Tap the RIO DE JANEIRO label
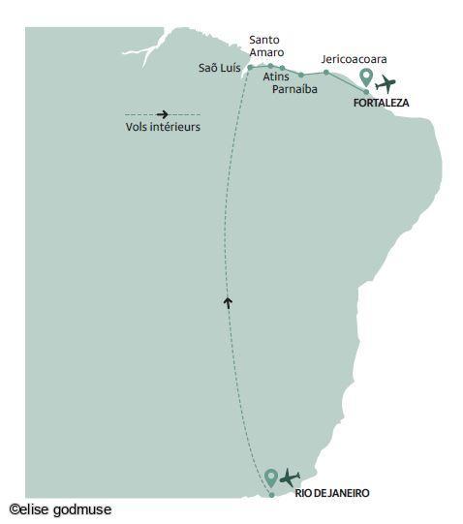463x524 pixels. point(332,493)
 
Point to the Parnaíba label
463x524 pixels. point(297,89)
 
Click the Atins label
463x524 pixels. point(276,76)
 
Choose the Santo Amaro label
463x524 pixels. point(265,46)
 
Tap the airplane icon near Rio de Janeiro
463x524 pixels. point(290,477)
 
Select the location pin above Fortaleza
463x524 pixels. point(366,77)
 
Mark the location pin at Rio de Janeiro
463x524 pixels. point(271,477)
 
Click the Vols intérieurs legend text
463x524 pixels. point(162,127)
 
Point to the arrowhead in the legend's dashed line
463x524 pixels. point(163,113)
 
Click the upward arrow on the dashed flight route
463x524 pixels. point(228,302)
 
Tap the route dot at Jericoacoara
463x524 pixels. point(326,72)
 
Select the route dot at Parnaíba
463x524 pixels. point(301,74)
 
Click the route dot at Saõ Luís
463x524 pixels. point(250,67)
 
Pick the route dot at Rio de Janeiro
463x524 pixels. point(272,495)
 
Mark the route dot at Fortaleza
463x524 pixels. point(366,92)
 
